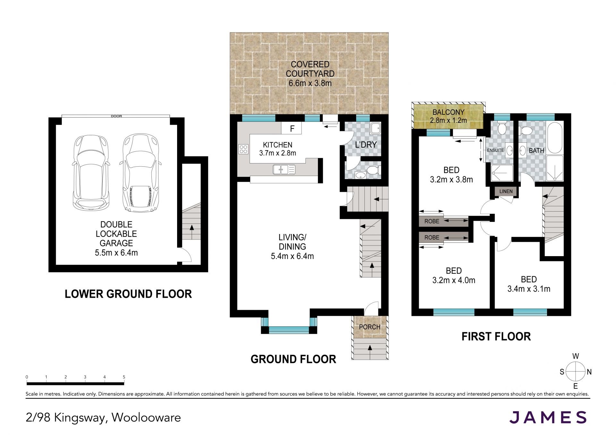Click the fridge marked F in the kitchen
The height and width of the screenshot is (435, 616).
pos(292,129)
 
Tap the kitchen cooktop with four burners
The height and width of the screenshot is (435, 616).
pos(243,149)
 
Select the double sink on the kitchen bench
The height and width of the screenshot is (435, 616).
pos(284,169)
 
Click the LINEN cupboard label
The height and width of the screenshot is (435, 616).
pos(506,191)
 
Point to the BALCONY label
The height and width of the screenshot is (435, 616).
pos(448,112)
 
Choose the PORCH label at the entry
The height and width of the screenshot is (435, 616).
pos(370,327)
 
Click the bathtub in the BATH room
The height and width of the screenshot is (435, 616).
pos(555,138)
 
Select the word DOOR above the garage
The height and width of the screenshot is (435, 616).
pos(116,116)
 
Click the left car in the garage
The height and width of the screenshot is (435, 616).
pos(90,172)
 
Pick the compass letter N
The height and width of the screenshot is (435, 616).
pos(589,372)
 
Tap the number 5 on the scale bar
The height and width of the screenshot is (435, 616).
pos(124,377)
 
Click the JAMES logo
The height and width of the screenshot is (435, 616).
pos(548,417)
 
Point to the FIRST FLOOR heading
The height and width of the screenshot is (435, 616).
pos(496,336)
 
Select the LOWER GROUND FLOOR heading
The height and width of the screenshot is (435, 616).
pos(128,294)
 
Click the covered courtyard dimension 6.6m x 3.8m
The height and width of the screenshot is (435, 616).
pos(310,83)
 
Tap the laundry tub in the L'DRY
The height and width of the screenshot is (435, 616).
pos(374,128)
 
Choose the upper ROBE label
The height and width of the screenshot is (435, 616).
pos(432,221)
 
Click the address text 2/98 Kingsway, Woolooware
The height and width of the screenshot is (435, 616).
pos(103,418)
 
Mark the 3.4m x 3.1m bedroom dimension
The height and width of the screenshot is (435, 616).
pos(529,289)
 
